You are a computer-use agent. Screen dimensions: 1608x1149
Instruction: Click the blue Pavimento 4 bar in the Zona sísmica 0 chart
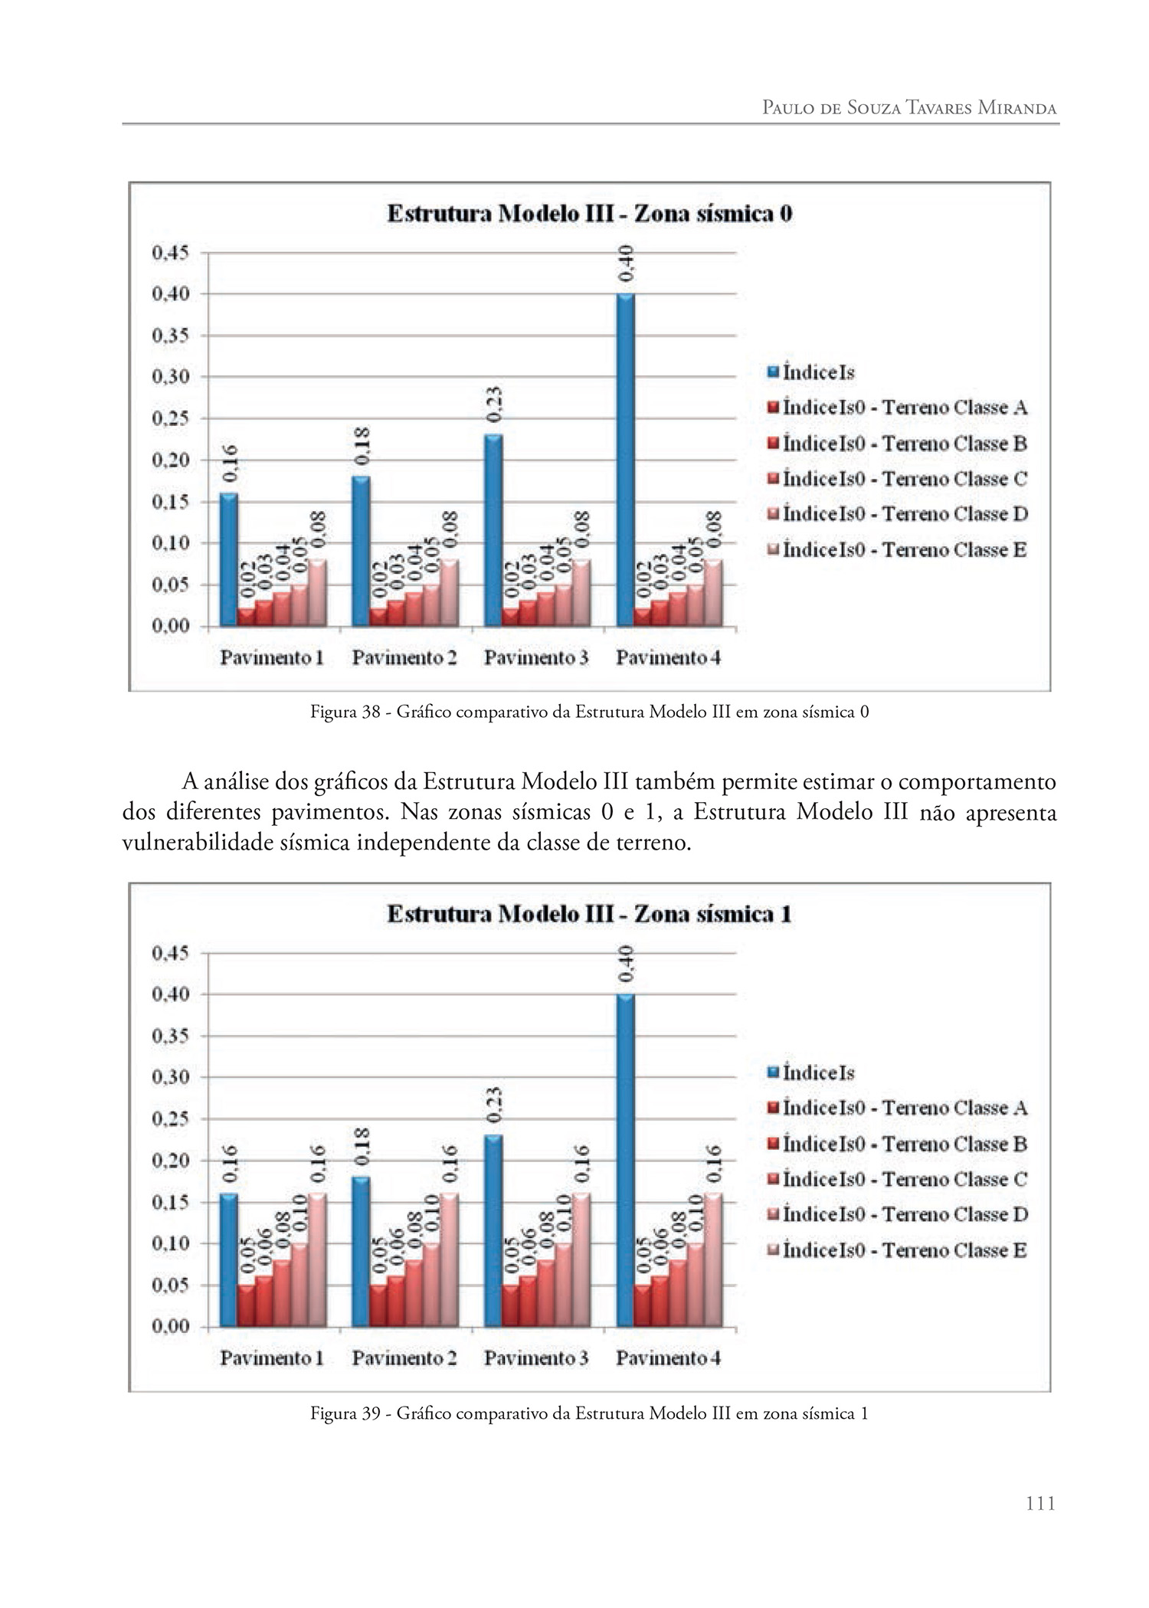[625, 460]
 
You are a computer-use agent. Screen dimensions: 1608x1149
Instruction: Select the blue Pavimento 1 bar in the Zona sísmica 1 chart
[228, 1259]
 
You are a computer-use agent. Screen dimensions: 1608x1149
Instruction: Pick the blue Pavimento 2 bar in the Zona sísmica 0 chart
[361, 552]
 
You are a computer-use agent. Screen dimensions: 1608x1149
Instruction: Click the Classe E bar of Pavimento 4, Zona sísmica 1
[713, 1259]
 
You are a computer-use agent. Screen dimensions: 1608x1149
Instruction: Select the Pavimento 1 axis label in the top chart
[272, 658]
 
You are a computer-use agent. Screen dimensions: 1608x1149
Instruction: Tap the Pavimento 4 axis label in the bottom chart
[668, 1359]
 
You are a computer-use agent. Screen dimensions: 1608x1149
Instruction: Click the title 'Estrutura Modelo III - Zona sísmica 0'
[589, 214]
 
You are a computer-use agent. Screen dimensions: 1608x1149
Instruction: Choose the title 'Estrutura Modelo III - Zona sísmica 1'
[589, 915]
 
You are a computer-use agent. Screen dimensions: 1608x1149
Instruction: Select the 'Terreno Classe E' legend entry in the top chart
[904, 550]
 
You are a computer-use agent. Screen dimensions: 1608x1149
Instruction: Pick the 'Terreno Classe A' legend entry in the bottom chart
[905, 1109]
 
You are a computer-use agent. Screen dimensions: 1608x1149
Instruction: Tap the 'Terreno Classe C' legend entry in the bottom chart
[905, 1180]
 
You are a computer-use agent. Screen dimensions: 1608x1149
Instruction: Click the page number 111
[1040, 1504]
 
